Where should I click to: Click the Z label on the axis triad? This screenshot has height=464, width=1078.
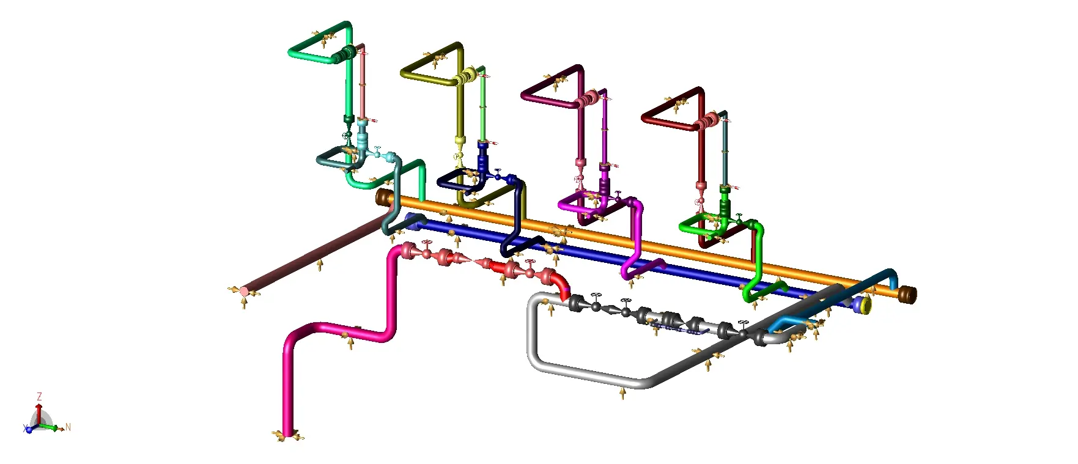tap(40, 397)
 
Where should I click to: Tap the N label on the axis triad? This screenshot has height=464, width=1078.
tap(68, 427)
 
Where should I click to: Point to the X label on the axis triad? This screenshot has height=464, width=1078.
tap(26, 429)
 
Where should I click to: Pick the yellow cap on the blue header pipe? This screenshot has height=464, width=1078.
tap(864, 304)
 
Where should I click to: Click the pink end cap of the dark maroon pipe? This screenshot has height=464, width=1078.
tap(245, 291)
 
